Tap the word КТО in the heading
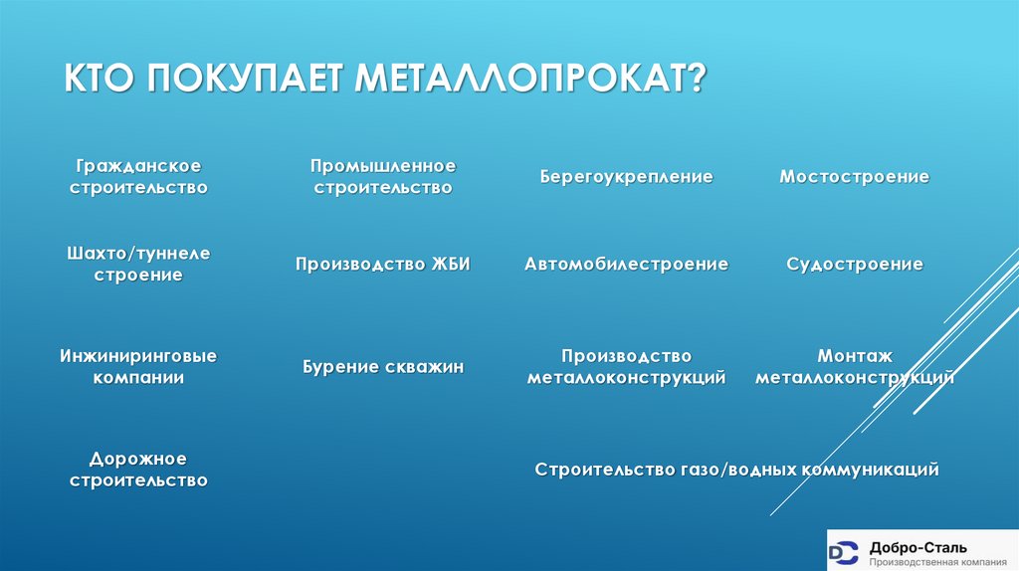[102, 78]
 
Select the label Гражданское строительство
[138, 175]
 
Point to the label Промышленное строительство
[382, 175]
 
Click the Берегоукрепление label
[627, 176]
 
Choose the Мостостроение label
[855, 176]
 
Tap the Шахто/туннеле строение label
[138, 264]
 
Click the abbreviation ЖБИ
[450, 264]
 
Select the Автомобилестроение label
[627, 264]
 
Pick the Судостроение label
[855, 264]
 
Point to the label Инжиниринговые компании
[138, 366]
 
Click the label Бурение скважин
[383, 367]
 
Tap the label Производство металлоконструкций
[627, 366]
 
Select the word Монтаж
[855, 355]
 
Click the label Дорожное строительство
[138, 470]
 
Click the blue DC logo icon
[845, 551]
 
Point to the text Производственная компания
[932, 561]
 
